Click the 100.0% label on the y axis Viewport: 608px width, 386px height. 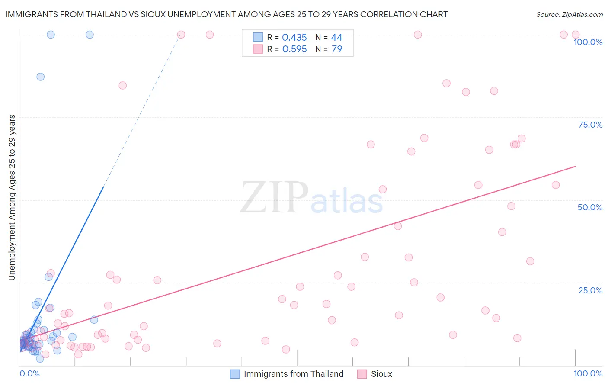pyautogui.click(x=588, y=42)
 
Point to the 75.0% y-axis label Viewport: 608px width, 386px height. pyautogui.click(x=590, y=125)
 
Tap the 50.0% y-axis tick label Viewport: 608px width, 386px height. pyautogui.click(x=590, y=207)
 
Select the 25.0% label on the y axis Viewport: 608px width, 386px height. pyautogui.click(x=590, y=290)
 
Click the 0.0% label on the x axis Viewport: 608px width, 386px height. pyautogui.click(x=29, y=373)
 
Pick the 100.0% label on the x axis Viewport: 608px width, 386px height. pyautogui.click(x=588, y=373)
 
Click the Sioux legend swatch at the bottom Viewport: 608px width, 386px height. pyautogui.click(x=362, y=374)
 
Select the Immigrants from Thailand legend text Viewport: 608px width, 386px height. pyautogui.click(x=293, y=374)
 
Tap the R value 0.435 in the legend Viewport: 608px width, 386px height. pyautogui.click(x=294, y=38)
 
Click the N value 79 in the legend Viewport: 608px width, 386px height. pyautogui.click(x=336, y=49)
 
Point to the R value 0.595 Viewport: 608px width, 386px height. pyautogui.click(x=294, y=49)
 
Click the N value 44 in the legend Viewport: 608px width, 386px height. pyautogui.click(x=336, y=38)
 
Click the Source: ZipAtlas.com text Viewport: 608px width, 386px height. pyautogui.click(x=569, y=14)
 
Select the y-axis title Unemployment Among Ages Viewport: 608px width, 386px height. pyautogui.click(x=12, y=197)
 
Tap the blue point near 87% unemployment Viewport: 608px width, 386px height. pyautogui.click(x=40, y=77)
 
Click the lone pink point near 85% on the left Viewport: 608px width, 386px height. pyautogui.click(x=122, y=85)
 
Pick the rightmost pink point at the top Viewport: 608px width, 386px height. pyautogui.click(x=575, y=35)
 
